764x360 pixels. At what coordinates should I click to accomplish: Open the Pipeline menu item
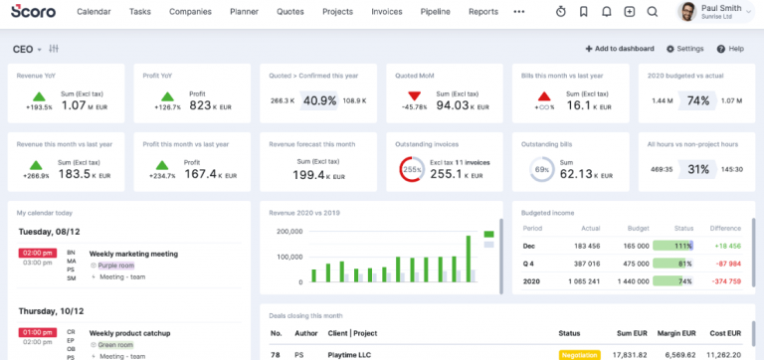coord(436,12)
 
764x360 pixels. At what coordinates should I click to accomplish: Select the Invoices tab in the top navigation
coord(387,12)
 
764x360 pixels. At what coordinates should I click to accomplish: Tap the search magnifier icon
coord(652,12)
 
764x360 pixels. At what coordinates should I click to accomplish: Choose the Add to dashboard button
coord(620,49)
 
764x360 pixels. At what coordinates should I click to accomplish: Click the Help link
coord(731,49)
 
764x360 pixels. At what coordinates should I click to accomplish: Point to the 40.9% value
coord(320,100)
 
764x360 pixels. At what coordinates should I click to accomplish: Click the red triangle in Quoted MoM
coord(414,94)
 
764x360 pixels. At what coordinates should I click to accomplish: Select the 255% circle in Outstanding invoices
coord(413,171)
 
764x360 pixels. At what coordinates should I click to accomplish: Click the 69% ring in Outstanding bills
coord(542,171)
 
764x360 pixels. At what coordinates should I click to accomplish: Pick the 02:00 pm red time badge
coord(37,254)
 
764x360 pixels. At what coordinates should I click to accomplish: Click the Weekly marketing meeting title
coord(133,254)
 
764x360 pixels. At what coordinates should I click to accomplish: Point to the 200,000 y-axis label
coord(288,232)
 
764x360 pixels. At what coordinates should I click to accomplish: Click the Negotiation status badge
coord(580,354)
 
